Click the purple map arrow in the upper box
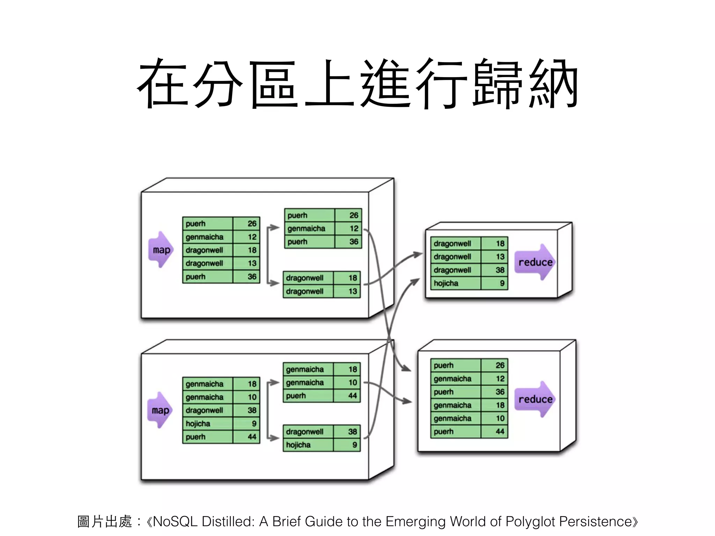[161, 250]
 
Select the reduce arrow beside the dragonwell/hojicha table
[535, 262]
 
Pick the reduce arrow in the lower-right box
[535, 400]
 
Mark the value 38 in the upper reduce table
[500, 270]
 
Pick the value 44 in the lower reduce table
[500, 432]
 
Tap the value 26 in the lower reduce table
[500, 365]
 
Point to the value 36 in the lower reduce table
[500, 392]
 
